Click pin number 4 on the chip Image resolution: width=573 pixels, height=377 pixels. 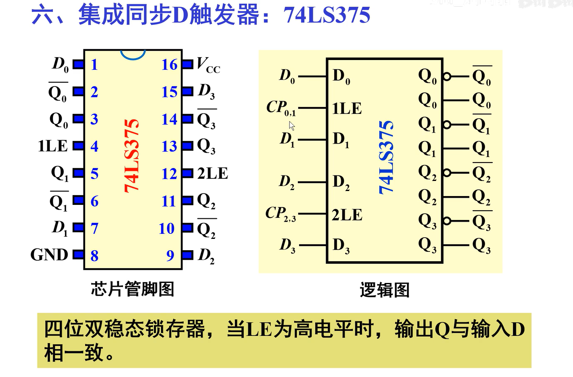tap(94, 146)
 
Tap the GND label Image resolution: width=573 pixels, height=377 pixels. tap(49, 254)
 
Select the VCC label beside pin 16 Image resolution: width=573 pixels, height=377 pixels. tap(208, 65)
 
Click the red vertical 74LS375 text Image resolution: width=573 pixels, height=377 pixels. tap(132, 155)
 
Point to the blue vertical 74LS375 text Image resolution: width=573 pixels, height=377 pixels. tap(386, 157)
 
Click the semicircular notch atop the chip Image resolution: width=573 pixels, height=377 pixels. tap(133, 54)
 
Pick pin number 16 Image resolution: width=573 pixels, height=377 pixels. tap(169, 65)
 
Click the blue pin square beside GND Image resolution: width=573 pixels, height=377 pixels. tap(78, 254)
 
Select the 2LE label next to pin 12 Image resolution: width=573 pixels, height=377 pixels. tap(213, 173)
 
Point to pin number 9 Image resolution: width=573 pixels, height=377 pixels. tap(170, 255)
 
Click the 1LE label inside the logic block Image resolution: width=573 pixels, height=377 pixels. tap(347, 108)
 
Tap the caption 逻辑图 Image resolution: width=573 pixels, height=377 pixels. tap(384, 290)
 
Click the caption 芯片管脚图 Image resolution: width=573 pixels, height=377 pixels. tap(133, 289)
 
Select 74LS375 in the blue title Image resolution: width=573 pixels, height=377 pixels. tap(327, 16)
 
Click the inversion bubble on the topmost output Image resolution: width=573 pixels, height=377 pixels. tap(447, 76)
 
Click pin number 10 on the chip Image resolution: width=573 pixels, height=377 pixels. tap(167, 228)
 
